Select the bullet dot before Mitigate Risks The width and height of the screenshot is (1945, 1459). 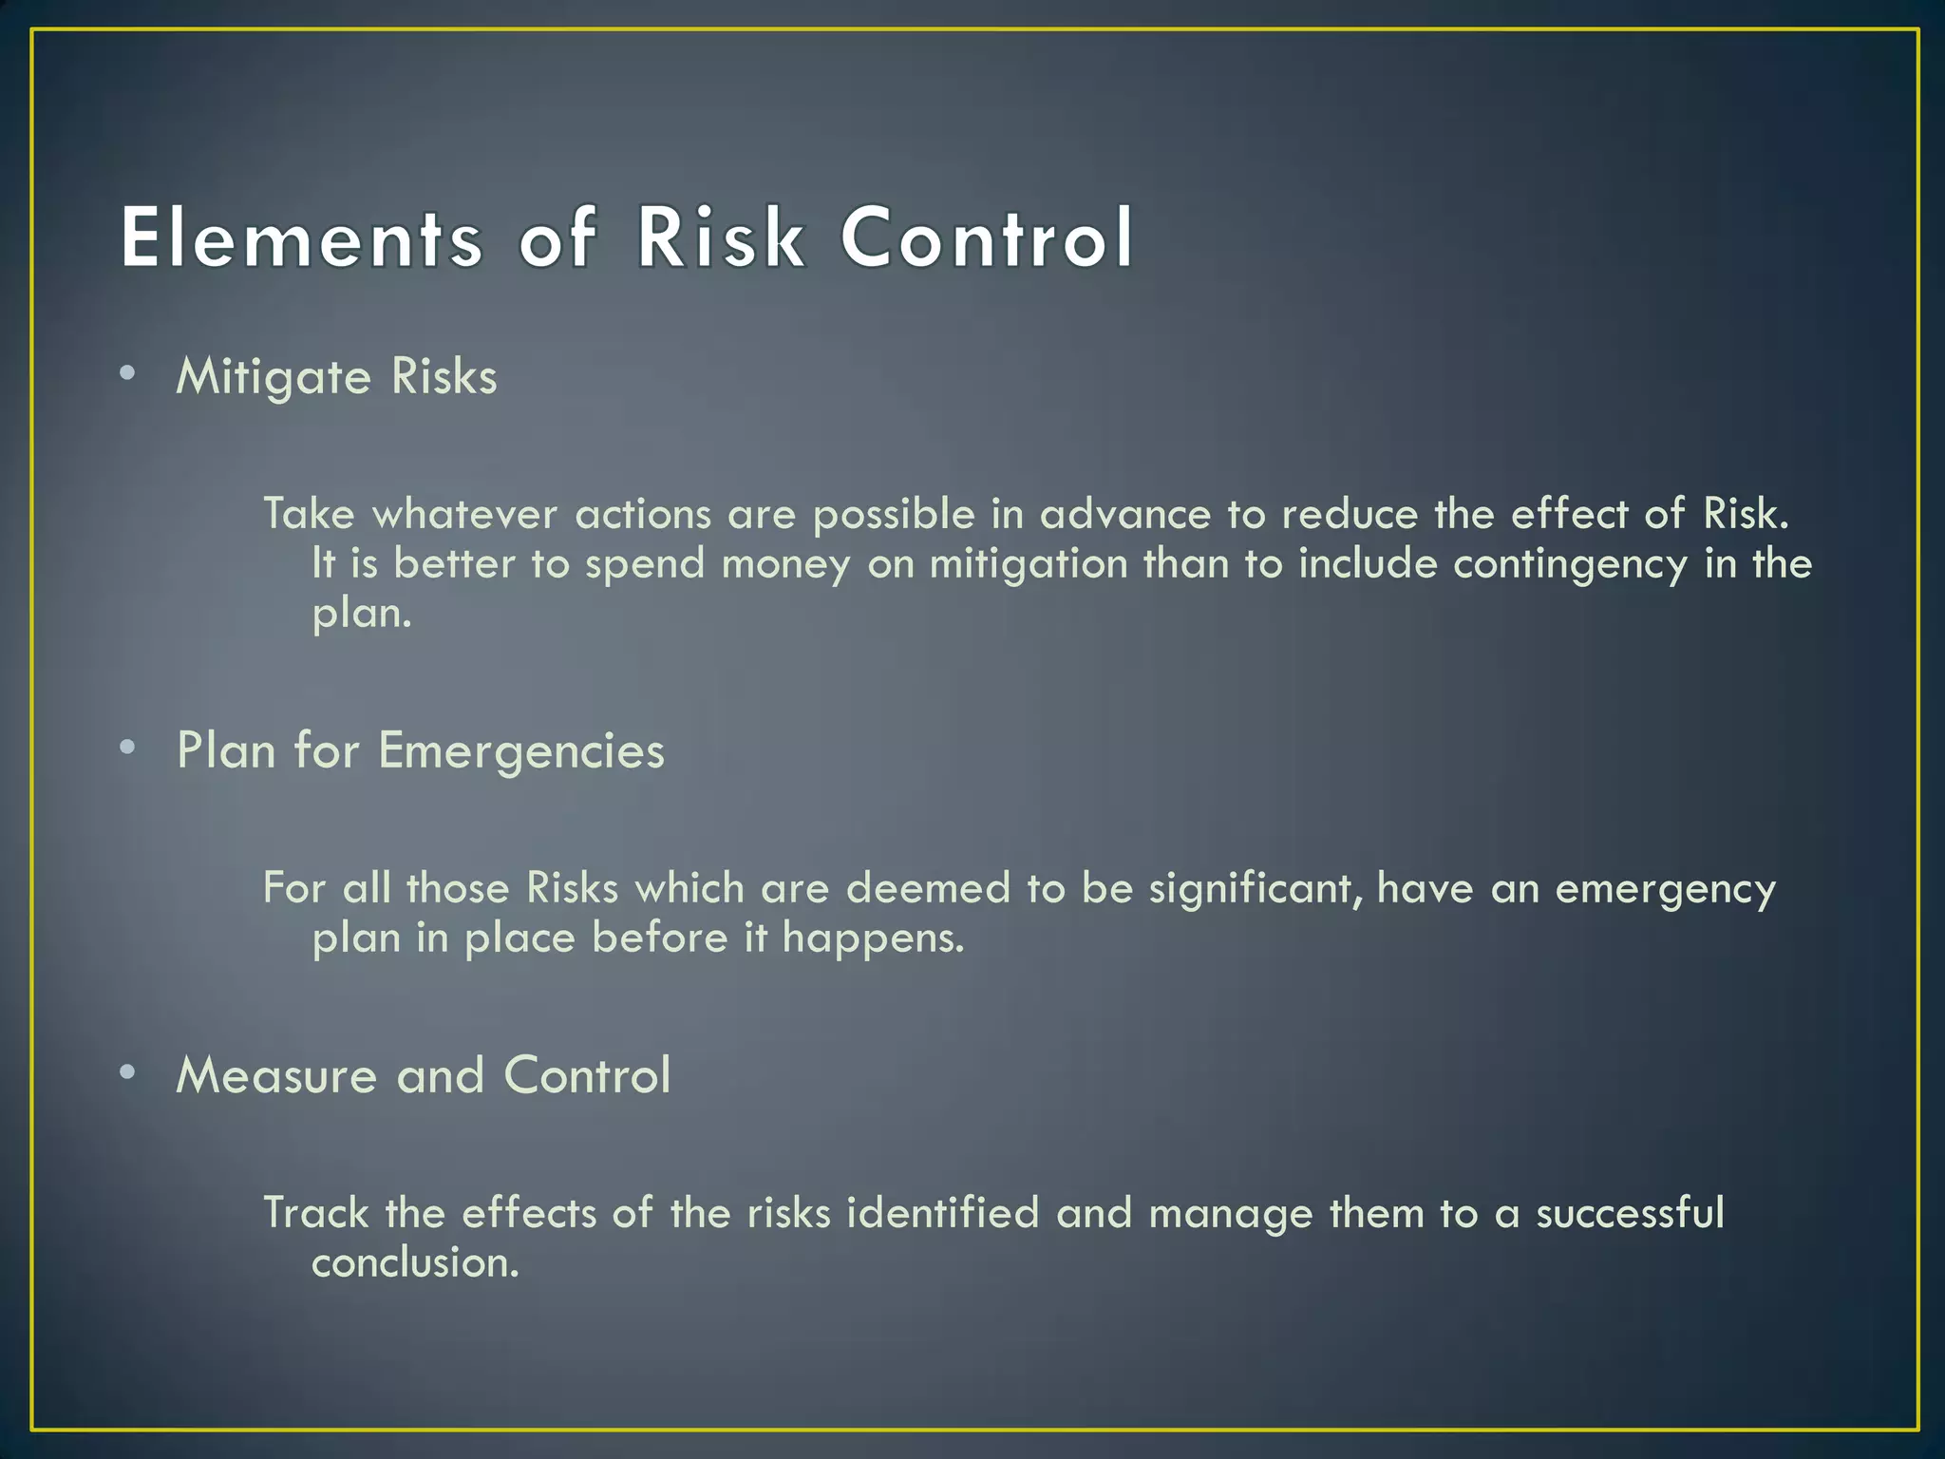[x=128, y=373]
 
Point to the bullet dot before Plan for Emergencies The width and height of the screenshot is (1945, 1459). [x=128, y=748]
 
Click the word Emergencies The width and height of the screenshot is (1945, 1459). [x=521, y=751]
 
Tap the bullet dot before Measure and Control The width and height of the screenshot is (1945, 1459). [x=128, y=1072]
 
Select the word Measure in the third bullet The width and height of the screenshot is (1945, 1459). [x=276, y=1076]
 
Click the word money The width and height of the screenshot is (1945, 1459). [x=785, y=564]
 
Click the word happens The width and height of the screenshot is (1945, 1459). [x=873, y=938]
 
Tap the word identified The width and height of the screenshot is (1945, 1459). [x=942, y=1213]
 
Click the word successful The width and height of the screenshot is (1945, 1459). [x=1630, y=1213]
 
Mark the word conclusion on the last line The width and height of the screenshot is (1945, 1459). [x=415, y=1263]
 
